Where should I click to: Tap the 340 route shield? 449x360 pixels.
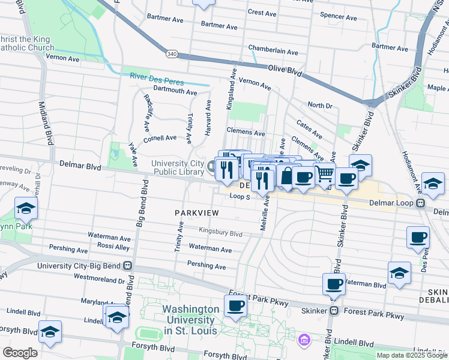172,54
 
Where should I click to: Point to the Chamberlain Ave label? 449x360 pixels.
273,52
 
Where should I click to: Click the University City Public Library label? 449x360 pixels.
177,168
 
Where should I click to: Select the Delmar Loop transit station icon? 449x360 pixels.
421,203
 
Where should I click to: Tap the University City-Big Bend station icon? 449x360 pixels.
127,265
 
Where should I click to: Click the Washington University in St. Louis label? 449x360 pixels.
191,320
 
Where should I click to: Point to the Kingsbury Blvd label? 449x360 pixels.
220,233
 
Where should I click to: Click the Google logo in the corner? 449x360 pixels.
20,352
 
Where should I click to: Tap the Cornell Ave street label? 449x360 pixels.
160,137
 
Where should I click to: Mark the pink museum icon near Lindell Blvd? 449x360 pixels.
305,340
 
